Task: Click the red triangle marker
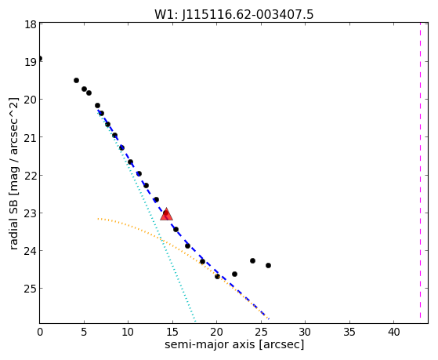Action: coord(166,214)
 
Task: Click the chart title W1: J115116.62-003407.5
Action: coord(234,14)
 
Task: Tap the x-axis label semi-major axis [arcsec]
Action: coord(234,344)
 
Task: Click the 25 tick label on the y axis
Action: coord(31,289)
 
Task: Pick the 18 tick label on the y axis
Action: coord(31,24)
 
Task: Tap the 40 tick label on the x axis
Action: coord(393,332)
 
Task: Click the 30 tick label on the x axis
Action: coord(305,332)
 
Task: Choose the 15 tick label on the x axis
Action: coord(172,332)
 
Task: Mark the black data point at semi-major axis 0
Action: coord(40,59)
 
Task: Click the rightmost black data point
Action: coord(268,265)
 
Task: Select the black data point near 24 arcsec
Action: coord(252,260)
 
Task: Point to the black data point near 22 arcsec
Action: coord(234,275)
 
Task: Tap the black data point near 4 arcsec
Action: coord(76,81)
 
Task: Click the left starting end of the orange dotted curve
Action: coord(98,219)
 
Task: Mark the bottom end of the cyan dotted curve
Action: coord(195,321)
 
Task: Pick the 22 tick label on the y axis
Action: coord(31,176)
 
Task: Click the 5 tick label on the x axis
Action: coord(84,332)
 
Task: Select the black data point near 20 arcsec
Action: coord(217,277)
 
